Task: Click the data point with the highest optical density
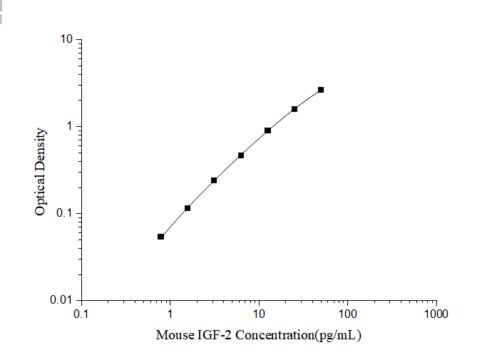coord(321,90)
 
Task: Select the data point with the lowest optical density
coord(160,237)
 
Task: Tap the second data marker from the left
coord(188,208)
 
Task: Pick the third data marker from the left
coord(214,180)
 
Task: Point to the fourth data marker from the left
coord(241,155)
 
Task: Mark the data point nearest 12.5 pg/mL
coord(267,130)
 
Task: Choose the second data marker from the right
coord(294,109)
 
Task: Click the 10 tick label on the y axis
coord(67,39)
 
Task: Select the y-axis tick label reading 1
coord(71,126)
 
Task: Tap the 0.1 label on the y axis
coord(66,214)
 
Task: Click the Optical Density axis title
coord(41,171)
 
